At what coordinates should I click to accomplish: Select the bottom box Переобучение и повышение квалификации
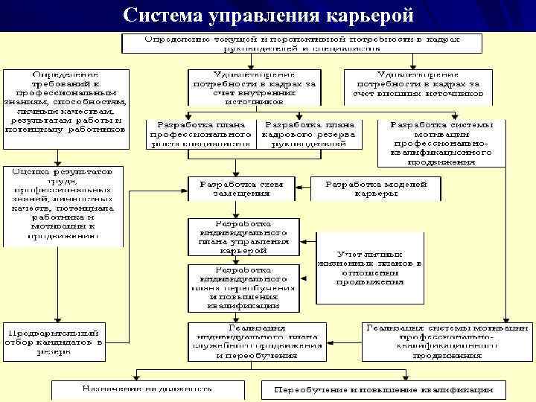click(383, 389)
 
